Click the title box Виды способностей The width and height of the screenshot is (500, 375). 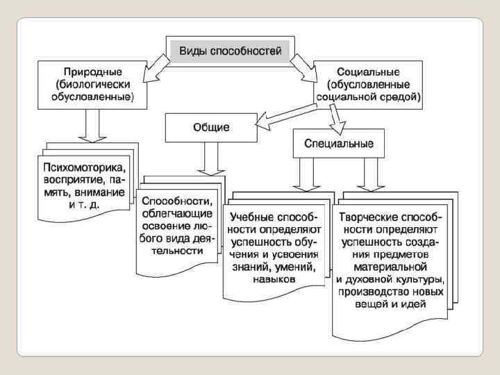coord(230,51)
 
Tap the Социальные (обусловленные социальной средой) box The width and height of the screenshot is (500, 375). coord(368,84)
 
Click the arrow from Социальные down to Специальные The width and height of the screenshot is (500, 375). coord(335,120)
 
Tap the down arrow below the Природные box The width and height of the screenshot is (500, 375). coord(92,126)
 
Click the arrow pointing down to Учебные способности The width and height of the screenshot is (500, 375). coord(303,178)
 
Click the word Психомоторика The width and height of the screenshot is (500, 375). coord(85,167)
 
